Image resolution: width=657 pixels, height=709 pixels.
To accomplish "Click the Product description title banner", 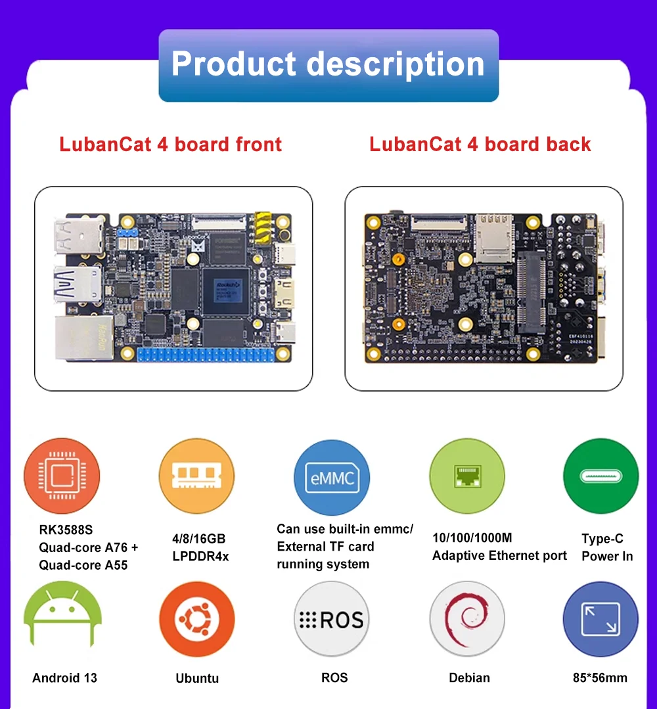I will (x=328, y=64).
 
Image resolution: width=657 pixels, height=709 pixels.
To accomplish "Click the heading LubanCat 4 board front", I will (x=171, y=145).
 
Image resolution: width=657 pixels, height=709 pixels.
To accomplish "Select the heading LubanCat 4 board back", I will (x=480, y=145).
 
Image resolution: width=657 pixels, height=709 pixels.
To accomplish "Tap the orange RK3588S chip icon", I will (x=62, y=476).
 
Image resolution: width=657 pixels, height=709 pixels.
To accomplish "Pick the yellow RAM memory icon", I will (x=196, y=476).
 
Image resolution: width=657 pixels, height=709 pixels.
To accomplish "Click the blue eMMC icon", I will (x=332, y=478).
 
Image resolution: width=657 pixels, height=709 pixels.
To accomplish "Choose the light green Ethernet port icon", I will (x=467, y=476).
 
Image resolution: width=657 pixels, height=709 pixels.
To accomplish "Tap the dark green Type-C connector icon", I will (x=601, y=476).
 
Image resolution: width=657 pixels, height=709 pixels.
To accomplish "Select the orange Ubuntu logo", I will (x=196, y=620).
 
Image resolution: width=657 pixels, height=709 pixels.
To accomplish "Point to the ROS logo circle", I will (x=332, y=619).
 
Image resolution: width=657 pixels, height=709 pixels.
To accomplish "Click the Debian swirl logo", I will (x=467, y=619).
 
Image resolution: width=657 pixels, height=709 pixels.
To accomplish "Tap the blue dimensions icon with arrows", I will (x=600, y=619).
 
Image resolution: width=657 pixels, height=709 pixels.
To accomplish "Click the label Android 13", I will (x=64, y=677).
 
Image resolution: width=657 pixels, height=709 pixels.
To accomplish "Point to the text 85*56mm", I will (x=600, y=677).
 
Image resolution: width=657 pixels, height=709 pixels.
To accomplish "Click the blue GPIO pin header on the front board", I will (x=206, y=355).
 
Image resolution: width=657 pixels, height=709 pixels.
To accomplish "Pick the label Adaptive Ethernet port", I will (x=499, y=556).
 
